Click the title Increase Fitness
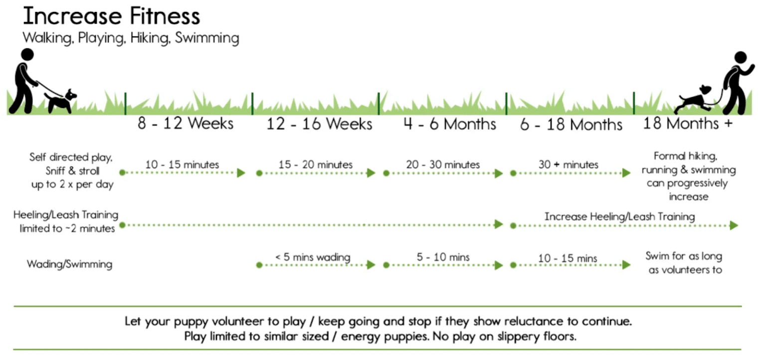(x=111, y=16)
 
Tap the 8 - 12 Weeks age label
(x=186, y=123)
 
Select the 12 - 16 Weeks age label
(x=319, y=123)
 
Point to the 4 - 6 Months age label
(x=450, y=123)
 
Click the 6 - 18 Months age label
(x=572, y=124)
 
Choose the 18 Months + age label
(x=688, y=123)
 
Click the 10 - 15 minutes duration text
(x=182, y=164)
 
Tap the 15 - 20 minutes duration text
(x=316, y=164)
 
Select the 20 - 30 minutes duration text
(x=443, y=164)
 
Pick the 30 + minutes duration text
(x=569, y=164)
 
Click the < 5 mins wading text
(x=313, y=257)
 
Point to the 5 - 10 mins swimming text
(x=443, y=257)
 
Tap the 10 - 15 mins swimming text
(x=568, y=258)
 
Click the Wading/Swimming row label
(x=69, y=264)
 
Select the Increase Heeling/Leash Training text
(x=619, y=216)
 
